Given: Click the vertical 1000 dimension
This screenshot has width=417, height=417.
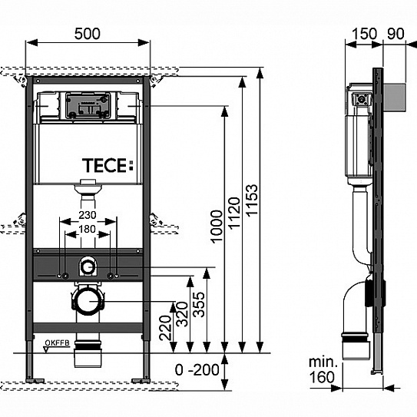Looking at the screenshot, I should coord(217,227).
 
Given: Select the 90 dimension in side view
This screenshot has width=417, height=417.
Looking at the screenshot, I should coord(395,34).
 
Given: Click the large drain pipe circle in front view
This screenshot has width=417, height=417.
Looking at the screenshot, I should coord(88,301).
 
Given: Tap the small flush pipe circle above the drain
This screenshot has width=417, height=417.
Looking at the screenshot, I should coord(88,267).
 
